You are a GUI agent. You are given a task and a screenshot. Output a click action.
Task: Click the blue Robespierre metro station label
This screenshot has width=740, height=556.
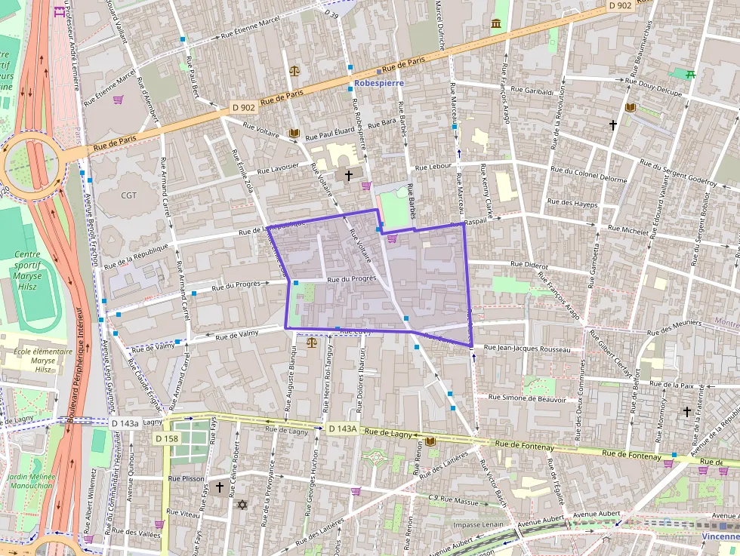(379, 83)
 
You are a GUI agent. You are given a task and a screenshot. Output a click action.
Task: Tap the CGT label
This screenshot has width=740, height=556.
(128, 195)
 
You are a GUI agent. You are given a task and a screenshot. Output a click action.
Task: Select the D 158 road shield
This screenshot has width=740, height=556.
(166, 438)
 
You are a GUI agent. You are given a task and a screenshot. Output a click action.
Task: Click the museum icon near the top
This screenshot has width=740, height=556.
(496, 24)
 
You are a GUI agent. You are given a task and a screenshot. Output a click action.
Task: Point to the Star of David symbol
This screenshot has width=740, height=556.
(242, 504)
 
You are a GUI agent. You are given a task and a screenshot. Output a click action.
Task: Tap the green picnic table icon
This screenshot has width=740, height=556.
(689, 74)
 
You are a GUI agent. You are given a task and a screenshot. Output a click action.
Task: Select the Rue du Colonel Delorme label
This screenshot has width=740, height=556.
(589, 175)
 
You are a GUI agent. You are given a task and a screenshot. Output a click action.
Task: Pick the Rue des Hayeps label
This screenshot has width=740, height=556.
(572, 204)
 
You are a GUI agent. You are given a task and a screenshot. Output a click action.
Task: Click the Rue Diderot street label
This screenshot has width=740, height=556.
(529, 265)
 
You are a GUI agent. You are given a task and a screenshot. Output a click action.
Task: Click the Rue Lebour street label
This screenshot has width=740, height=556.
(433, 166)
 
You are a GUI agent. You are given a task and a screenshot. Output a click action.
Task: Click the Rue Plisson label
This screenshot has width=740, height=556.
(186, 478)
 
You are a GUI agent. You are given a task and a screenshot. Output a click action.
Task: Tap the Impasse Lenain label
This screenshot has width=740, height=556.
(478, 524)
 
